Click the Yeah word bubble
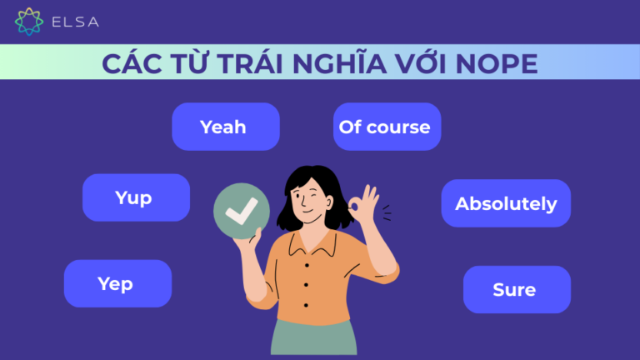[225, 127]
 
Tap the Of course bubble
[385, 127]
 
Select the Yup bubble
[134, 197]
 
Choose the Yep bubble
[116, 283]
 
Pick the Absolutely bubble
[505, 203]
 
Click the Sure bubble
[515, 289]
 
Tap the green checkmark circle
[242, 212]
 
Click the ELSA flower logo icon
[29, 21]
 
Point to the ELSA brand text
[76, 21]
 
